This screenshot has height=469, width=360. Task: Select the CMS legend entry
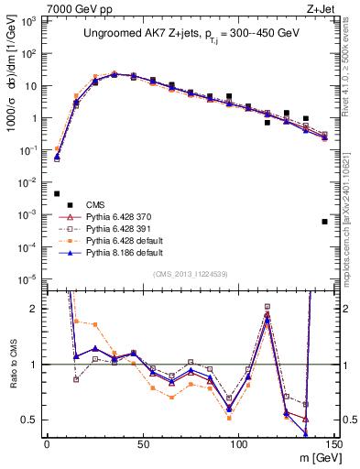pyautogui.click(x=96, y=204)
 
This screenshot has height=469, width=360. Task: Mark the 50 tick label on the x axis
pyautogui.click(x=142, y=442)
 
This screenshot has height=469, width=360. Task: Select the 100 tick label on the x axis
pyautogui.click(x=238, y=442)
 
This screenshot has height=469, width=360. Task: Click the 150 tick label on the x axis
pyautogui.click(x=334, y=442)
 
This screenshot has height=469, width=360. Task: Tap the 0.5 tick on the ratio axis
pyautogui.click(x=32, y=420)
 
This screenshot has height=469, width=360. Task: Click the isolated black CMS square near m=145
pyautogui.click(x=325, y=222)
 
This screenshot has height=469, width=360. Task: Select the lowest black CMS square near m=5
pyautogui.click(x=57, y=193)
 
